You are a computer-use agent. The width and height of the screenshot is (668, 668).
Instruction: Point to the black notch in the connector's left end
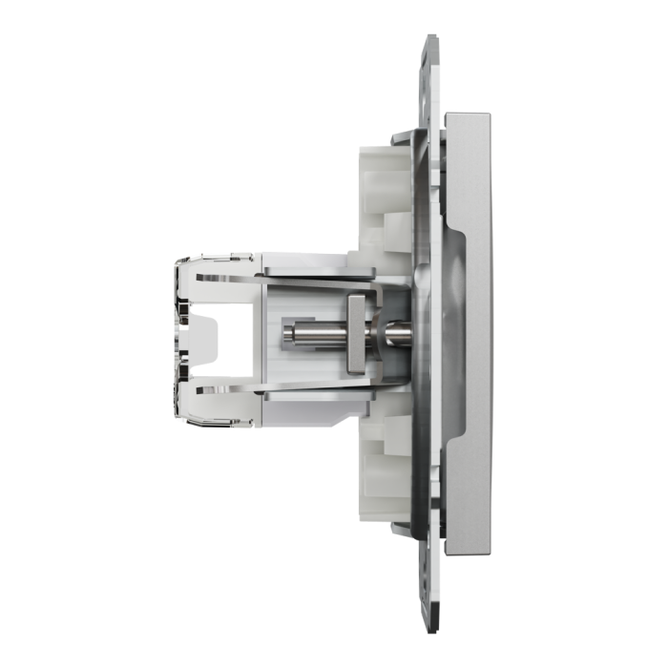pyautogui.click(x=212, y=334)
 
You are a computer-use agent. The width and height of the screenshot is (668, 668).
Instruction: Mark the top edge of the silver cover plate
pyautogui.click(x=469, y=115)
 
